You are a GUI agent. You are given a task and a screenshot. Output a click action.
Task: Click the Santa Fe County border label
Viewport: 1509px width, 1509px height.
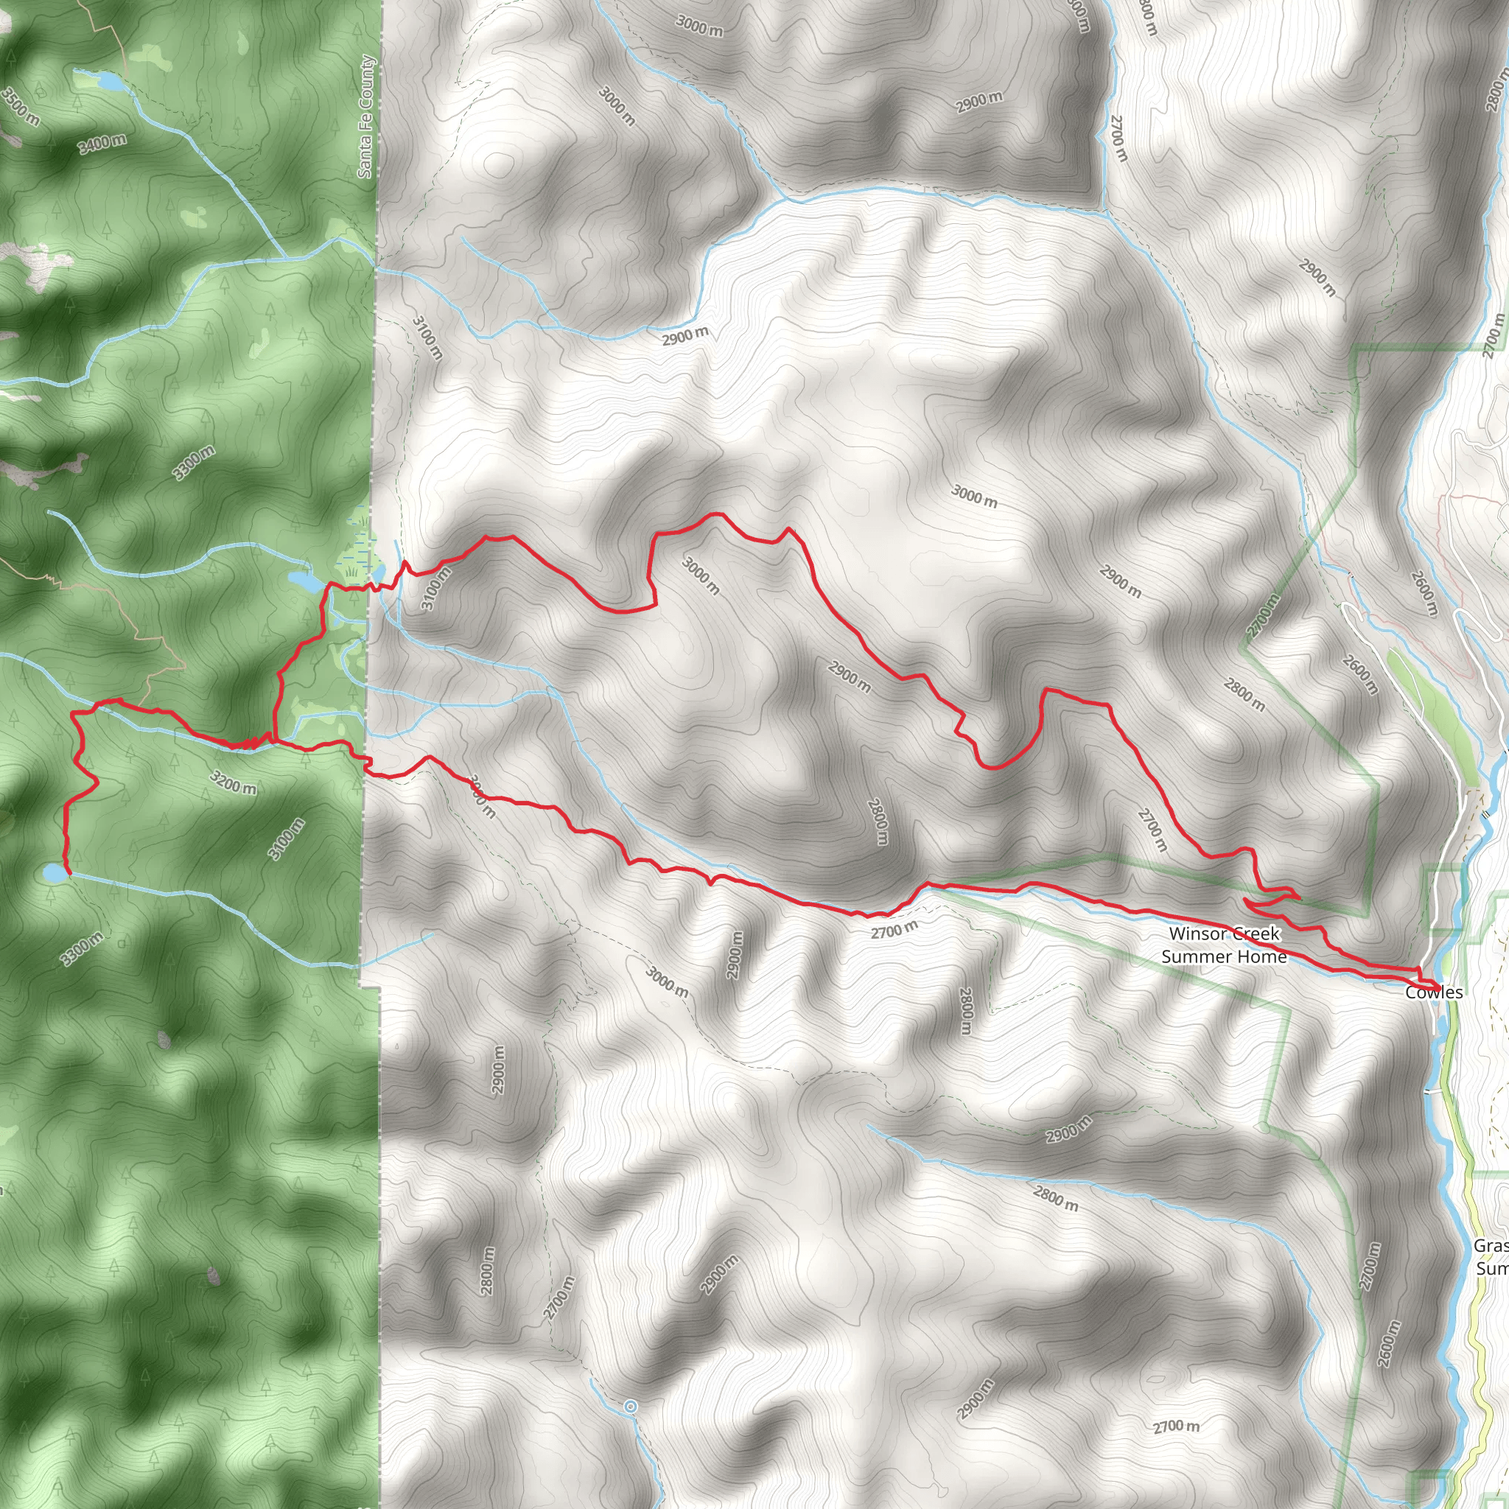pos(365,117)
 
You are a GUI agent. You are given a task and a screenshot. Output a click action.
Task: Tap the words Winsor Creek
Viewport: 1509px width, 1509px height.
pos(1224,934)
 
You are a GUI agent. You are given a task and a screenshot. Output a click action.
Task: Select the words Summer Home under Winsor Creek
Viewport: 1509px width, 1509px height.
pos(1223,956)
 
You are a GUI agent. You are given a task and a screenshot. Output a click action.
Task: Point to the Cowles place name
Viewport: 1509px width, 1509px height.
pos(1433,992)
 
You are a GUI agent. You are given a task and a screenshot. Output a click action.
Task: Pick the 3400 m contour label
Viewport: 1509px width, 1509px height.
pos(102,143)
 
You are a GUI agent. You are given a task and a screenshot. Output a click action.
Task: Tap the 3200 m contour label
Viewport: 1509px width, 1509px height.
pos(233,782)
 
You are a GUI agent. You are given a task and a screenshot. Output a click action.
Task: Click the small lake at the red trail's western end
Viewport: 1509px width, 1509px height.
pos(54,872)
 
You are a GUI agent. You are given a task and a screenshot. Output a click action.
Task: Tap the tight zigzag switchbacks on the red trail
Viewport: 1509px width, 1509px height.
pos(250,742)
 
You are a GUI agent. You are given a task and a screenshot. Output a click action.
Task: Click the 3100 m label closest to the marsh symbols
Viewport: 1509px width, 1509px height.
pos(436,588)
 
